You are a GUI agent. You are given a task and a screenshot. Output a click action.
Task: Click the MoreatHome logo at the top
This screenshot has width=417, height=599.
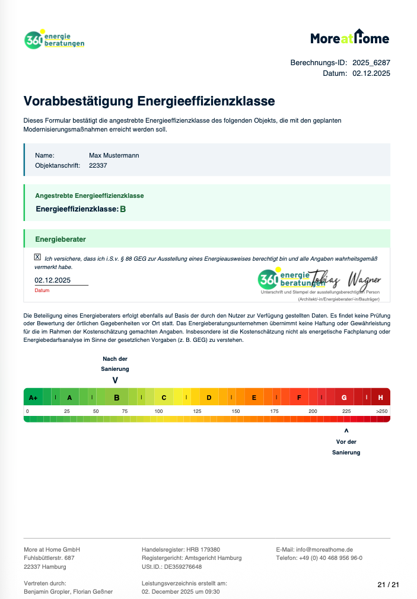pyautogui.click(x=350, y=38)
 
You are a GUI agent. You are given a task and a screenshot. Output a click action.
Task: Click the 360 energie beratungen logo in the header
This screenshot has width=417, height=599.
pyautogui.click(x=55, y=40)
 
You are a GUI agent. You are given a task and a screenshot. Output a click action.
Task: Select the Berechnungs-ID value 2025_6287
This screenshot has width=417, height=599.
pyautogui.click(x=371, y=62)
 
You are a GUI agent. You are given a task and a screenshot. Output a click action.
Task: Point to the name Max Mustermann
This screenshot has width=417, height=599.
pyautogui.click(x=114, y=155)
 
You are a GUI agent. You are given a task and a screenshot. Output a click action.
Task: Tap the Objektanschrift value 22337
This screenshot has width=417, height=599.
pyautogui.click(x=98, y=166)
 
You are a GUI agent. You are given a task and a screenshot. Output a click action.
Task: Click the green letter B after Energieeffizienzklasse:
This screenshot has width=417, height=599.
pyautogui.click(x=123, y=209)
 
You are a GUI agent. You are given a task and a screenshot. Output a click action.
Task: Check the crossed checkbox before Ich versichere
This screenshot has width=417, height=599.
pyautogui.click(x=38, y=257)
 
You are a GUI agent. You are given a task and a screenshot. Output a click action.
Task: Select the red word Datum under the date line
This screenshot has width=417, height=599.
pyautogui.click(x=42, y=291)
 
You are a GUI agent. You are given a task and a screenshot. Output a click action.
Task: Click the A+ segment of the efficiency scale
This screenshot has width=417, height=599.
pyautogui.click(x=33, y=398)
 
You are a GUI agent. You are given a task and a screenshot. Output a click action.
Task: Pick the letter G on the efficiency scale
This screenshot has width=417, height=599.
pyautogui.click(x=344, y=398)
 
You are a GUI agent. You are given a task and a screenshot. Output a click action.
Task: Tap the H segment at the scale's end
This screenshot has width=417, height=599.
pyautogui.click(x=380, y=398)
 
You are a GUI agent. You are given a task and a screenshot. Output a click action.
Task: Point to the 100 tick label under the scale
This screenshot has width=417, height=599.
pyautogui.click(x=158, y=411)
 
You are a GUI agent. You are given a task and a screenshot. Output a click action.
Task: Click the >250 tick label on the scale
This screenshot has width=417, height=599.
pyautogui.click(x=381, y=411)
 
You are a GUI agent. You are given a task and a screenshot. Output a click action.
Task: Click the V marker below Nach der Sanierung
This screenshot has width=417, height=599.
pyautogui.click(x=115, y=380)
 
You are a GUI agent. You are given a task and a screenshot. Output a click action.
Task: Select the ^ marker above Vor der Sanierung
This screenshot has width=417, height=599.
pyautogui.click(x=346, y=431)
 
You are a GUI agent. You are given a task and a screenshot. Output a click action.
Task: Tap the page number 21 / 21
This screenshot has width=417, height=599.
pyautogui.click(x=389, y=585)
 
